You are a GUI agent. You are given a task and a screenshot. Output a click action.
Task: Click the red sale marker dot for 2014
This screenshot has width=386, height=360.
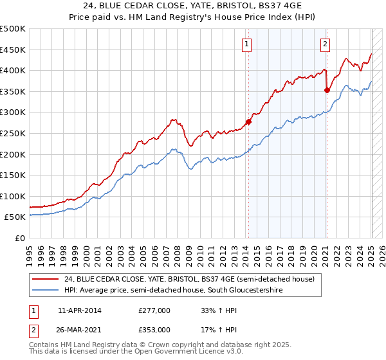pyautogui.click(x=248, y=122)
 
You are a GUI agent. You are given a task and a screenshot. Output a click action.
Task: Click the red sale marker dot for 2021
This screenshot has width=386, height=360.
pyautogui.click(x=327, y=90)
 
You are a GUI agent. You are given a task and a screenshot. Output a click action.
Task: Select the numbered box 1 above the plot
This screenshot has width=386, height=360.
pyautogui.click(x=248, y=44)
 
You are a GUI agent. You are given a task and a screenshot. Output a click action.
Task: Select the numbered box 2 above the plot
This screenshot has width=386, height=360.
pyautogui.click(x=326, y=44)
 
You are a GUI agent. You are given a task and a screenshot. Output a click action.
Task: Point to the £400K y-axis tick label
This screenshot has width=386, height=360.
pyautogui.click(x=14, y=71)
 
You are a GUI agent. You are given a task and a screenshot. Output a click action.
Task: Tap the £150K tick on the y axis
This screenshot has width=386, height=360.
pyautogui.click(x=14, y=175)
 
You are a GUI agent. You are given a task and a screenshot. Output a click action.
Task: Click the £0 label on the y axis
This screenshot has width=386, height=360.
pyautogui.click(x=20, y=238)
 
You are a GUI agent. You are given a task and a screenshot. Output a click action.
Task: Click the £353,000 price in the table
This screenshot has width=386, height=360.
pyautogui.click(x=154, y=329)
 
